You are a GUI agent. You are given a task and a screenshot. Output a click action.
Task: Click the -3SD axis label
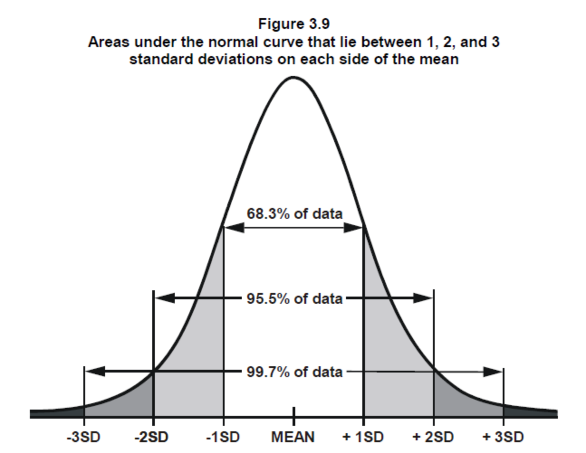tap(84, 437)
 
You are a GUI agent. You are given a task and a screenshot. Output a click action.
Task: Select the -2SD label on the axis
tap(152, 437)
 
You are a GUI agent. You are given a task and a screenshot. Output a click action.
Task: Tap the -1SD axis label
tap(222, 437)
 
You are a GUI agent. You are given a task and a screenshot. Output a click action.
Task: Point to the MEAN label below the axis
tap(293, 437)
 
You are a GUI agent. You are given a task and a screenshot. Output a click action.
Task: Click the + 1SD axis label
tap(363, 437)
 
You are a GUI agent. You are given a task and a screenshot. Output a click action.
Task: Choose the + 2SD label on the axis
tap(433, 437)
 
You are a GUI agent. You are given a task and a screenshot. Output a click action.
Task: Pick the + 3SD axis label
tap(503, 437)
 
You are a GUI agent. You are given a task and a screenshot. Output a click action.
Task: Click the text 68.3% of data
tap(294, 213)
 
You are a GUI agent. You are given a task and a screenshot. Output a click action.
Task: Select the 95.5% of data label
tap(294, 298)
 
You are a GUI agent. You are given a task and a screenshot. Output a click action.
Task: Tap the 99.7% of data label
tap(294, 372)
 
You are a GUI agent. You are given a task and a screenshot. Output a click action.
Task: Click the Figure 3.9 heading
tap(293, 24)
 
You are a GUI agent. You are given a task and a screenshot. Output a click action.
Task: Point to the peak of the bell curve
tap(293, 78)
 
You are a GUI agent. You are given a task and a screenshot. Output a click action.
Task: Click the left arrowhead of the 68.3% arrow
tap(234, 227)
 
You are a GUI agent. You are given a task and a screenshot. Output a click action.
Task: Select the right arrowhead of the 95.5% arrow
tap(423, 298)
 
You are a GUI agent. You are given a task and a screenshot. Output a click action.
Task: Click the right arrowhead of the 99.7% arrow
tap(493, 372)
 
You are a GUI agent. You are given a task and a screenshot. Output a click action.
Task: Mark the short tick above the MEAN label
tap(293, 412)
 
